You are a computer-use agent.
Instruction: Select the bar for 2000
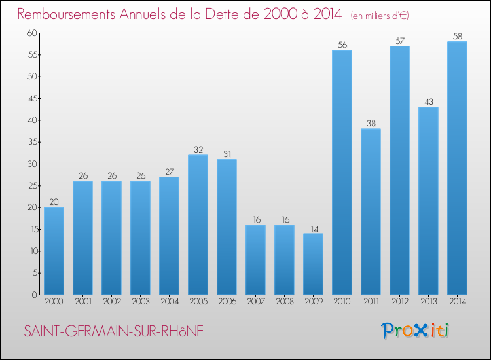(54, 251)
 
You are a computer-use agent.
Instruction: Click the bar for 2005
(198, 225)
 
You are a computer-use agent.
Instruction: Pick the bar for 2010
(342, 172)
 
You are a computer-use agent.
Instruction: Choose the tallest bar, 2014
(457, 168)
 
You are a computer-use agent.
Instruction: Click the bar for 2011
(371, 211)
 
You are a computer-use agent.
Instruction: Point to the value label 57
(399, 41)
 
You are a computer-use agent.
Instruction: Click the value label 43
(428, 102)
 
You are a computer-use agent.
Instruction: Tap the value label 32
(198, 150)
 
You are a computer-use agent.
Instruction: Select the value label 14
(313, 228)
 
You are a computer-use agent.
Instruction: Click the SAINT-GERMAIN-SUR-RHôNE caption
(113, 332)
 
